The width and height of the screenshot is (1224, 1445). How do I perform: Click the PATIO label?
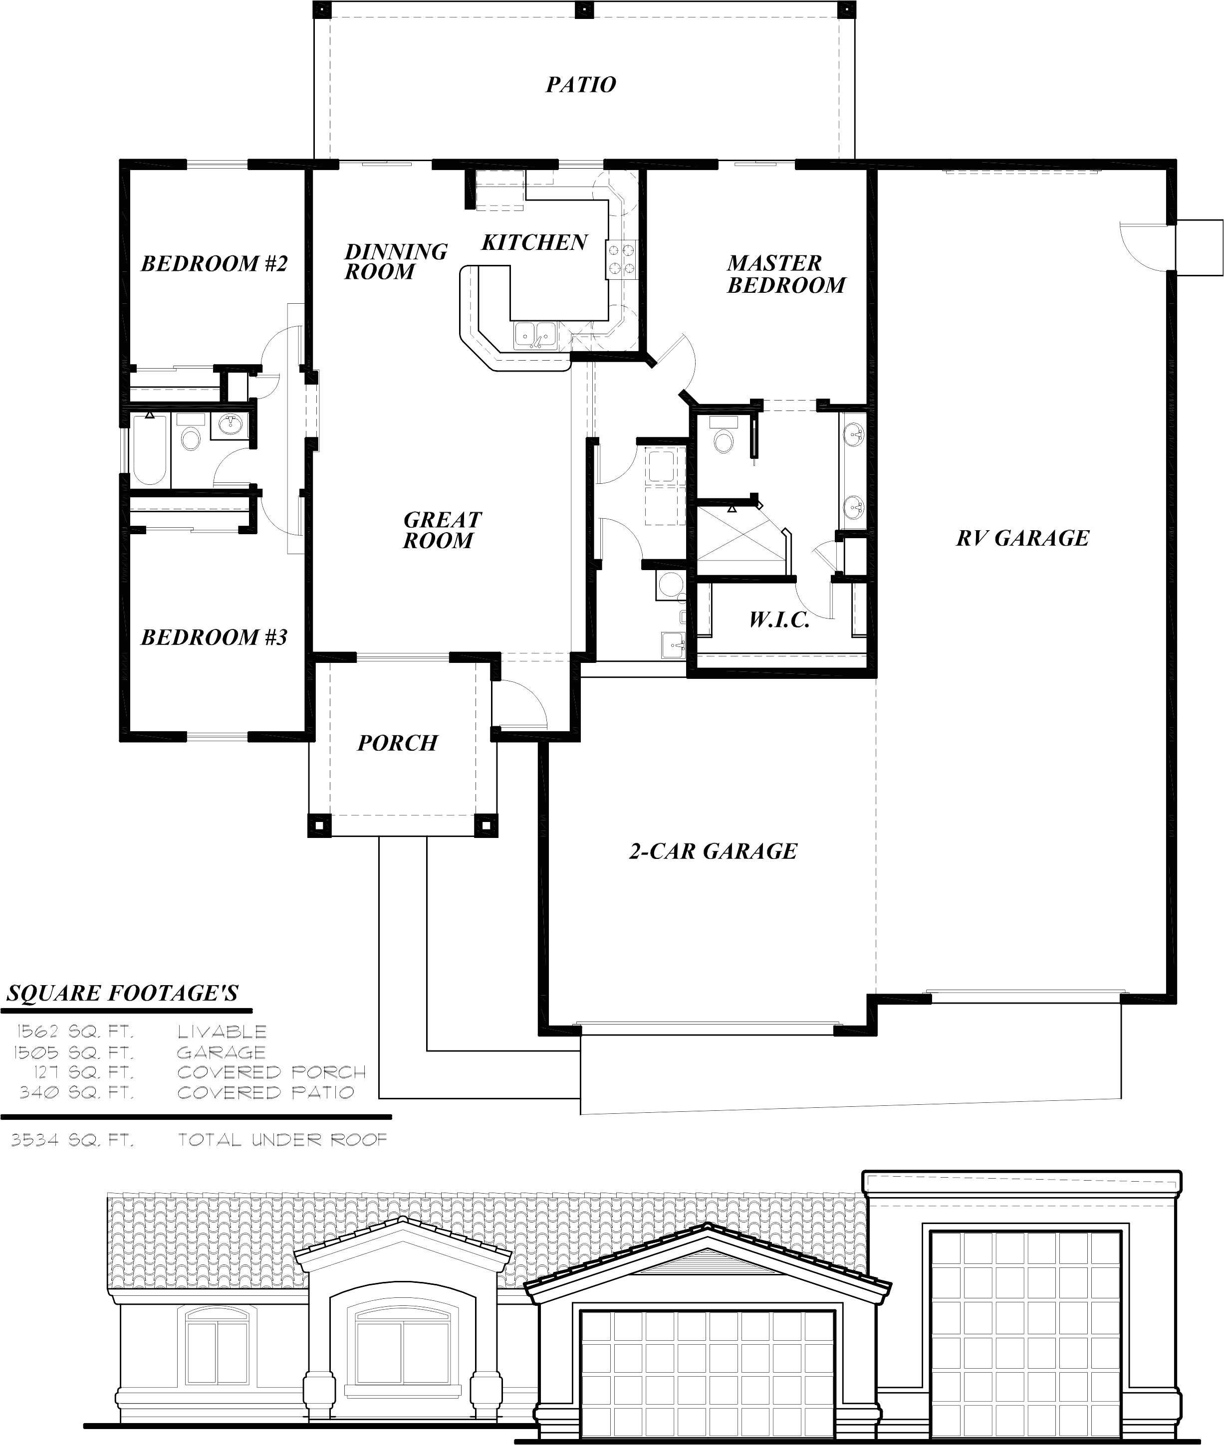coord(581,85)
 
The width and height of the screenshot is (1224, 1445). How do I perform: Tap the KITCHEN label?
coord(534,243)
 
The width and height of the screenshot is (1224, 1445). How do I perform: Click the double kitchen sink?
coord(535,336)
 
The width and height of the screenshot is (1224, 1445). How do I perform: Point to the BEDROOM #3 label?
coord(214,637)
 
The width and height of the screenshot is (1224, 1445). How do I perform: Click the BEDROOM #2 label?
coord(214,263)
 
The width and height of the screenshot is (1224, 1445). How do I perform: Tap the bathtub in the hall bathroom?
coord(149,449)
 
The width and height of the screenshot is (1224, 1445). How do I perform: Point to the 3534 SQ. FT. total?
coord(72,1140)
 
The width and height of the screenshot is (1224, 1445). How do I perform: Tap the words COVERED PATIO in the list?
coord(266,1092)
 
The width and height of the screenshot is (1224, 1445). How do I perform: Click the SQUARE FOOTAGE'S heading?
coord(123,994)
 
